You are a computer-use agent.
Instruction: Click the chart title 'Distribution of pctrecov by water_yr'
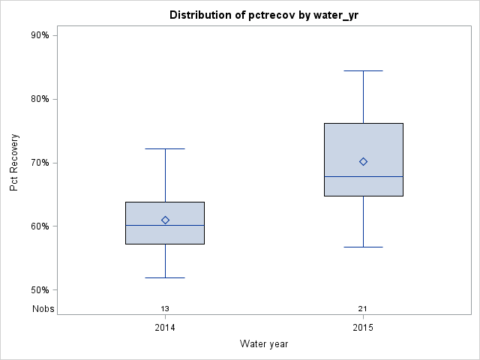pyautogui.click(x=263, y=15)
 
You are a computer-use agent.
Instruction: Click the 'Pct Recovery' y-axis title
pyautogui.click(x=14, y=162)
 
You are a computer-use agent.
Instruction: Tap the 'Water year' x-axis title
pyautogui.click(x=264, y=343)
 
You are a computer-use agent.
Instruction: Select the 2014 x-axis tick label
pyautogui.click(x=165, y=328)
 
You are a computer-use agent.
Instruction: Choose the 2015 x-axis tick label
pyautogui.click(x=363, y=328)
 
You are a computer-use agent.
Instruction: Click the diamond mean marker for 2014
pyautogui.click(x=165, y=220)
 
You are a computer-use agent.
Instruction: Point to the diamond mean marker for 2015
pyautogui.click(x=363, y=161)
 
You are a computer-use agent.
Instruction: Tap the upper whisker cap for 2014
pyautogui.click(x=165, y=148)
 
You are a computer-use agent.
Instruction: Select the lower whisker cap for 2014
pyautogui.click(x=165, y=277)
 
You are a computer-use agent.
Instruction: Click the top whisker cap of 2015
pyautogui.click(x=363, y=70)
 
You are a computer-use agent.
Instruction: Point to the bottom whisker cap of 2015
pyautogui.click(x=363, y=247)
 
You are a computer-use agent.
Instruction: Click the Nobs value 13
pyautogui.click(x=165, y=308)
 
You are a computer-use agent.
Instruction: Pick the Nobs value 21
pyautogui.click(x=363, y=308)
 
